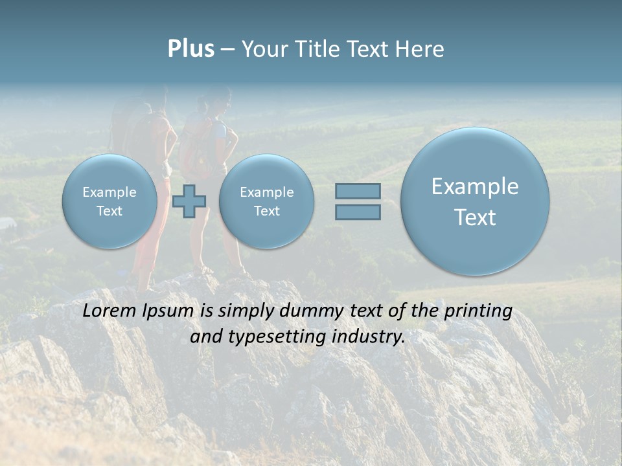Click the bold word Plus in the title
pos(190,49)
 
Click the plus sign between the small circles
pos(189,201)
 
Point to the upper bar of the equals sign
pos(358,191)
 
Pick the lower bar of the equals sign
pos(358,212)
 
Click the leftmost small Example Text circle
pos(109,201)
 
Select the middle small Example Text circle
pos(266,201)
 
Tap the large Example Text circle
pos(475,201)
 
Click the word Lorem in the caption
pos(109,311)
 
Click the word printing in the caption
pos(478,311)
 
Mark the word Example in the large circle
pos(475,186)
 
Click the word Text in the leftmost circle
pos(109,211)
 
